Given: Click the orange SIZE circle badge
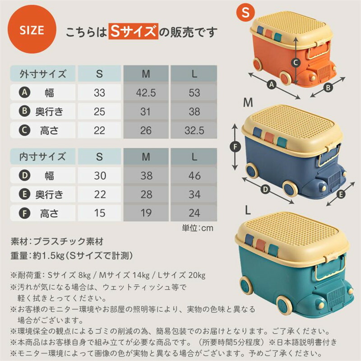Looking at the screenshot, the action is (32, 29).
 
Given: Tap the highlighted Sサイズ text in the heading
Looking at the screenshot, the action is (134, 31).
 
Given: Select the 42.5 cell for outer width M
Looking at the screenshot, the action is (146, 93).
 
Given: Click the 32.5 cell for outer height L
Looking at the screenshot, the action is (194, 130).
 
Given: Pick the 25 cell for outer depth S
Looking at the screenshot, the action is (99, 111).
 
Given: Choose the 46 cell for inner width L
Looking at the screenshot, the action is (194, 176).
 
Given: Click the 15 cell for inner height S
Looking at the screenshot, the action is (99, 213).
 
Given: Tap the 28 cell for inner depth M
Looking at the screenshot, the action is (146, 194).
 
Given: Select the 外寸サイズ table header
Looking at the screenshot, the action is (43, 74).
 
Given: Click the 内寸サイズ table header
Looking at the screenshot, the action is (43, 157).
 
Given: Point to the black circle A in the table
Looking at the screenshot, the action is (24, 93).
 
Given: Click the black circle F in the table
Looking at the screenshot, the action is (24, 213).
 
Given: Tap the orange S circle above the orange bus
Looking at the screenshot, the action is (246, 12).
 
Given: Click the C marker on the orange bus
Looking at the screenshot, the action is (296, 62).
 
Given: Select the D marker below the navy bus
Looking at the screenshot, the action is (266, 190).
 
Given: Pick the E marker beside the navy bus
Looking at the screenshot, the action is (341, 194).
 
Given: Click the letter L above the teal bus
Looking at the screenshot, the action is (248, 210).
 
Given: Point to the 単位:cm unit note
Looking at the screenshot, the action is (198, 228).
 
